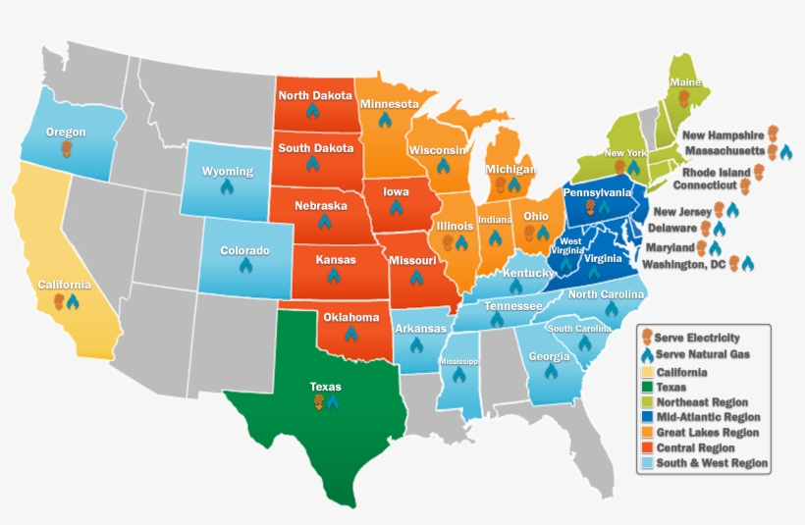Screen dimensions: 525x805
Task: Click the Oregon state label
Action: point(66,131)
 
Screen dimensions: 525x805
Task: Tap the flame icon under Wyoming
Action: point(227,186)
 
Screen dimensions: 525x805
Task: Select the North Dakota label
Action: point(312,95)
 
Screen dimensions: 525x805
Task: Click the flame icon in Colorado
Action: point(245,265)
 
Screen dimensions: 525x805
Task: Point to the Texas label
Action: point(325,387)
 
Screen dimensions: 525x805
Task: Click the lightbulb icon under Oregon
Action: point(66,148)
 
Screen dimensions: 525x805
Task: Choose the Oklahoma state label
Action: point(350,317)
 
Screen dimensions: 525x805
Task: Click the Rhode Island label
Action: point(717,172)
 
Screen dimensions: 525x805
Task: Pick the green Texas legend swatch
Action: point(646,388)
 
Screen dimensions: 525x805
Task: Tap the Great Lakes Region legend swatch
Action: point(646,433)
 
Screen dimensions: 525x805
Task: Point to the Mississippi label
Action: point(457,362)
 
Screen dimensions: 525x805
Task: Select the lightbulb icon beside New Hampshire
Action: point(774,133)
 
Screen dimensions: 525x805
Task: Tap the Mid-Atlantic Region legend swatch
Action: point(646,418)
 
